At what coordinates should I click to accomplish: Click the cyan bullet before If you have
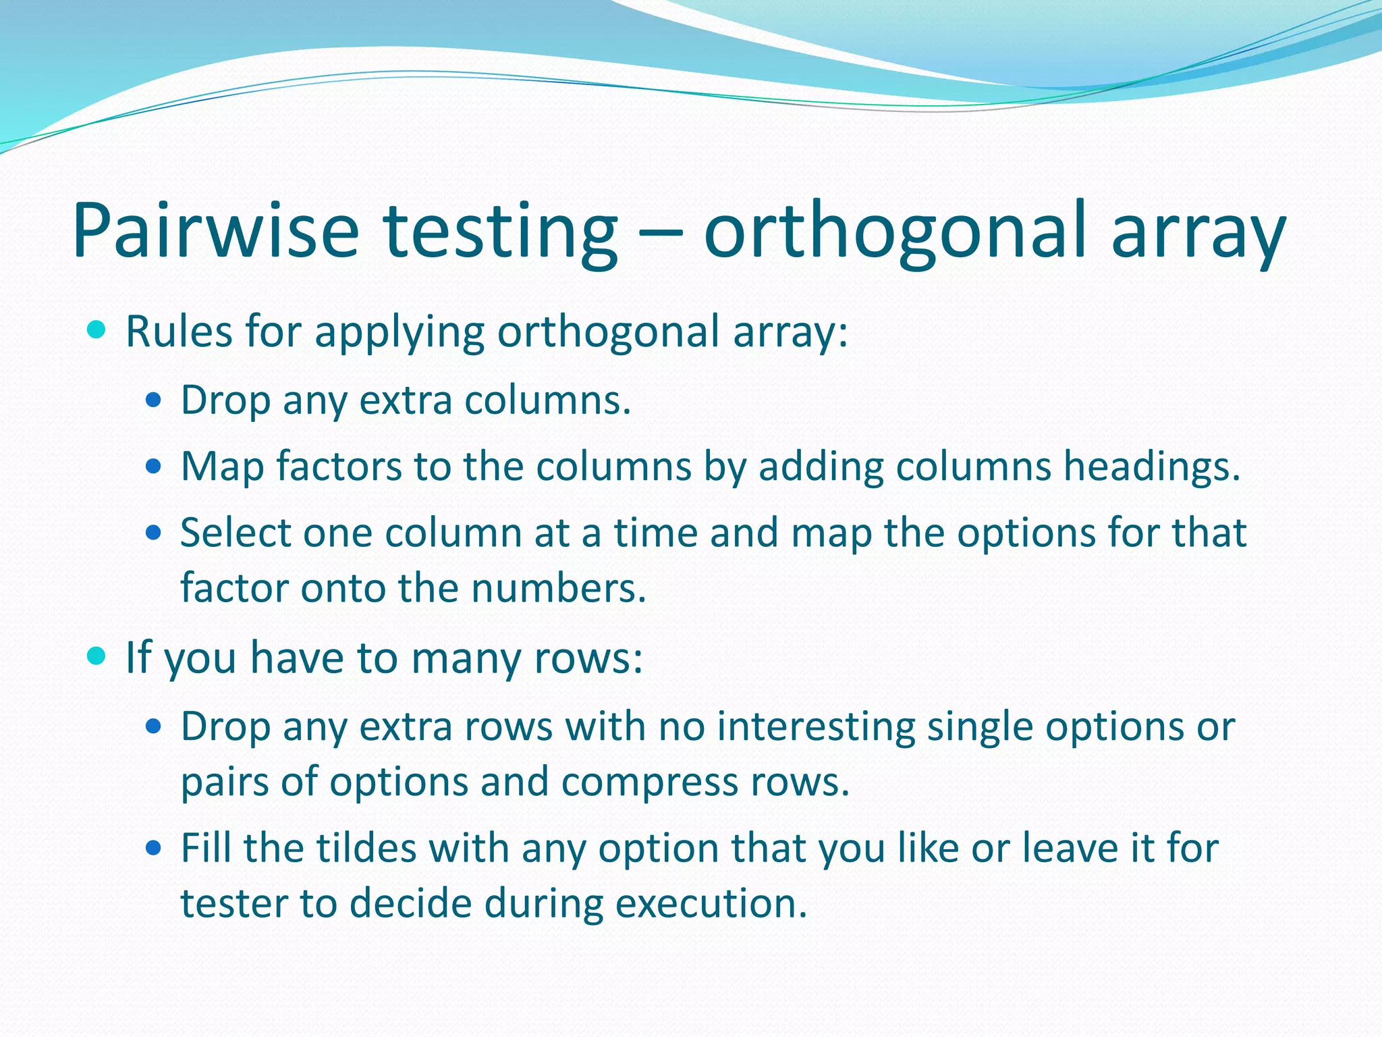coord(97,656)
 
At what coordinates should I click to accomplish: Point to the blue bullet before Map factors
coord(154,466)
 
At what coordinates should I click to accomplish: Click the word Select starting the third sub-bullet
coord(234,533)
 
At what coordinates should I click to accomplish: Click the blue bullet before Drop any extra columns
coord(154,400)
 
